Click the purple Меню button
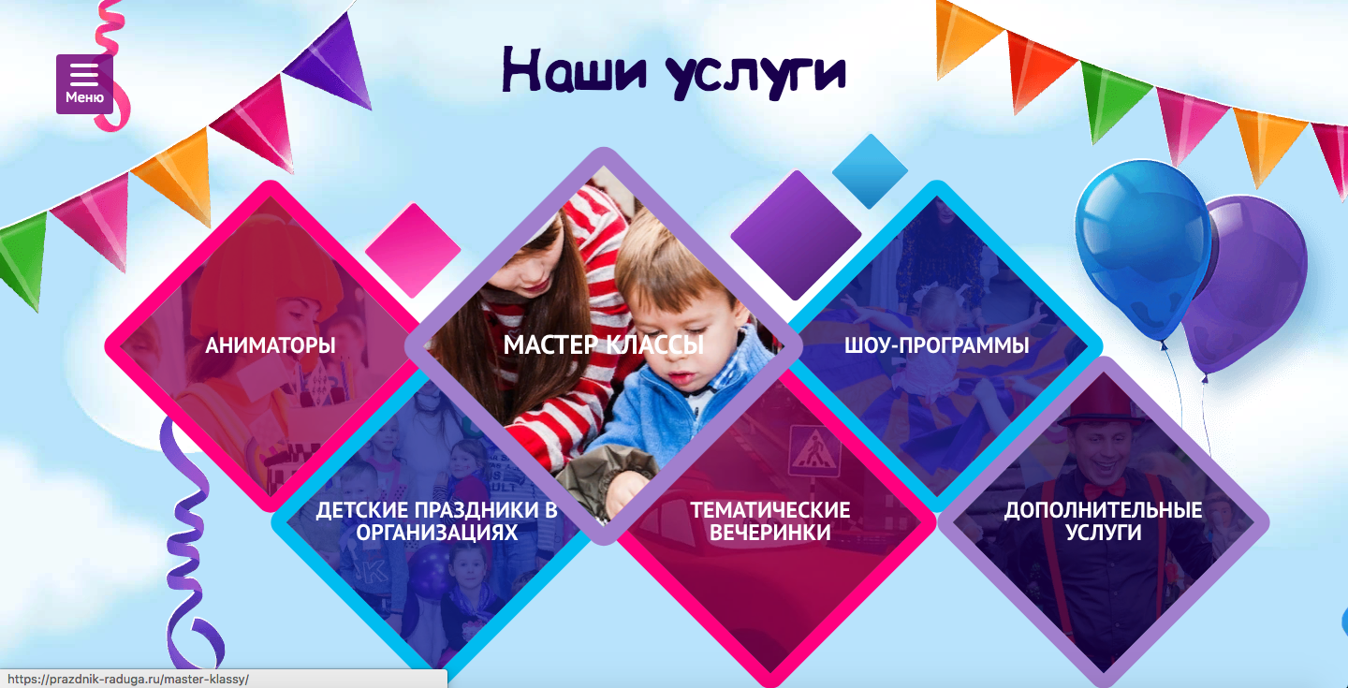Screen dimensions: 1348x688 point(84,83)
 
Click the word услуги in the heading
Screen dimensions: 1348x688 point(755,75)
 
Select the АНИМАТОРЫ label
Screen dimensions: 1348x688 point(271,345)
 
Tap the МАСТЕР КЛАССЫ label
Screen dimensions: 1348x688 point(604,344)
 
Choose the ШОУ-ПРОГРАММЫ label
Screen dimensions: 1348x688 point(936,345)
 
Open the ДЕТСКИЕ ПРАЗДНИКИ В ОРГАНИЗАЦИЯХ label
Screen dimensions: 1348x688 point(437,521)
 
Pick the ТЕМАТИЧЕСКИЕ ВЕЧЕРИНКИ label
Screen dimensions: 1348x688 point(770,521)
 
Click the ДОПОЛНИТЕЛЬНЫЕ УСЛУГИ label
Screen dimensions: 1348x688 point(1103,521)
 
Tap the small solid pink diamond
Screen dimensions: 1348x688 point(413,250)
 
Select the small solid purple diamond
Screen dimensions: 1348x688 point(796,235)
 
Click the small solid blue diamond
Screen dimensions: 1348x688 point(871,171)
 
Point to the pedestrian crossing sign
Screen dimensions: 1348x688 point(813,450)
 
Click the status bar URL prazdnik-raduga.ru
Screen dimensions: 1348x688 point(127,680)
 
